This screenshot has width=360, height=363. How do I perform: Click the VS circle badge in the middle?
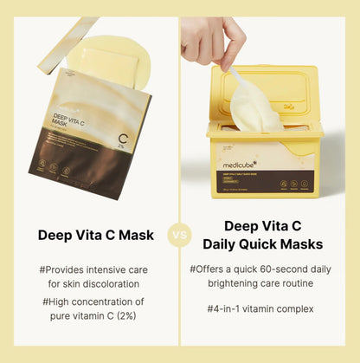pyautogui.click(x=180, y=234)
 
